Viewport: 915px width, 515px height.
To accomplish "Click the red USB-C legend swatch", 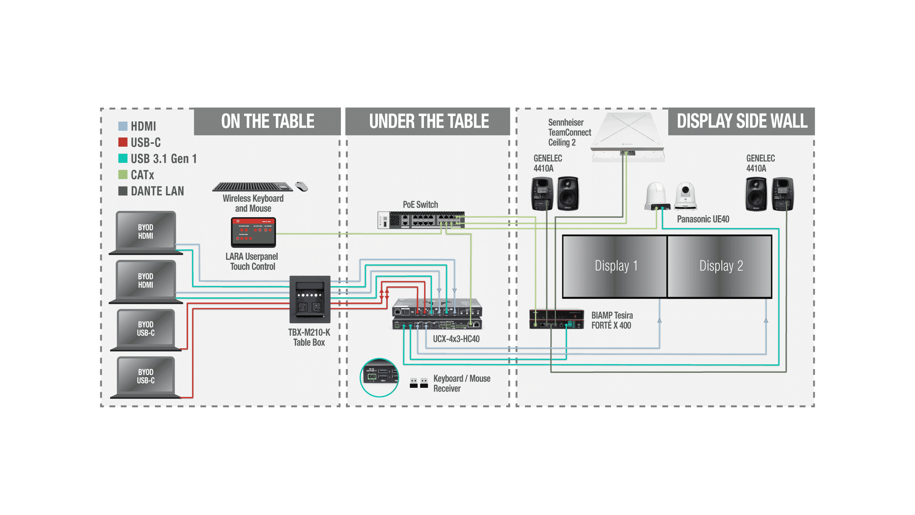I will (x=122, y=142).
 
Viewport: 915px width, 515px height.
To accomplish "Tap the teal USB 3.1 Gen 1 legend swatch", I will (x=122, y=158).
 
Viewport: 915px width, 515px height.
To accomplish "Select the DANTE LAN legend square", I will (x=122, y=191).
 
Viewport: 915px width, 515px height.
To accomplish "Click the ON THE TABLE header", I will (x=267, y=121).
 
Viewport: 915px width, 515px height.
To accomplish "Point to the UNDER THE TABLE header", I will (x=429, y=121).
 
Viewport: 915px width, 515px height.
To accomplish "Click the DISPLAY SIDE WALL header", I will (x=742, y=121).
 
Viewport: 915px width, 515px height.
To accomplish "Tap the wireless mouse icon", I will (x=302, y=186).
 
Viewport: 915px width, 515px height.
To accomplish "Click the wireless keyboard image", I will (x=252, y=187).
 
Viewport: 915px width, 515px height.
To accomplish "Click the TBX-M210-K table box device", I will (x=310, y=299).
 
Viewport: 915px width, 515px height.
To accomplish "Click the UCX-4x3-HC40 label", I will (x=456, y=339).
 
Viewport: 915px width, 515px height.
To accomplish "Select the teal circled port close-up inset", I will (x=379, y=377).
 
